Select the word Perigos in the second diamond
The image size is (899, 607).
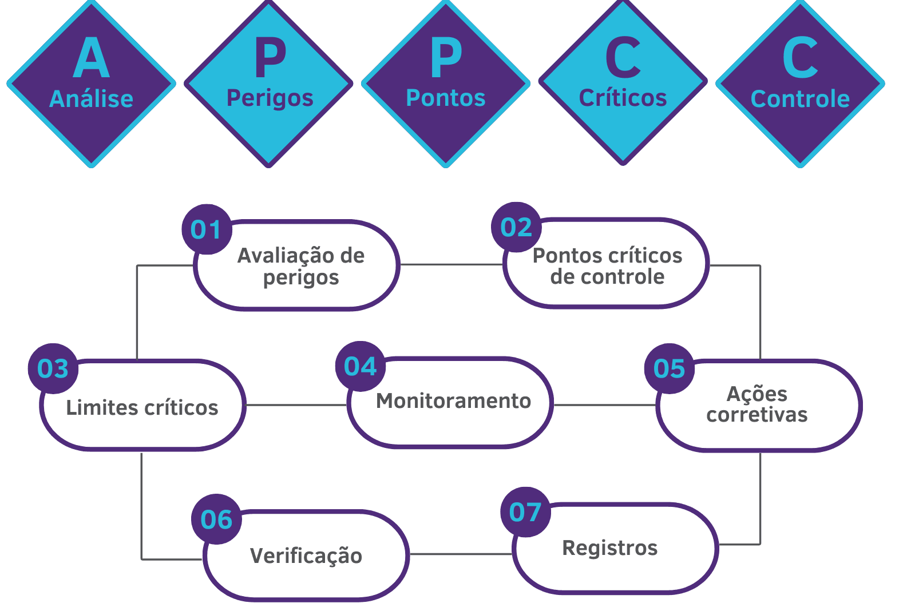coord(270,98)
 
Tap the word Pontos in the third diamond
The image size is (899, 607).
coord(446,98)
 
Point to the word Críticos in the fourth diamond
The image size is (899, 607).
coord(623,98)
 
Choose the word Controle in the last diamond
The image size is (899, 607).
coord(800,99)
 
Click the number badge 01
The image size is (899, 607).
coord(207,229)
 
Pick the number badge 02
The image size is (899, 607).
coord(516,227)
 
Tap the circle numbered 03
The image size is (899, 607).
coord(53,368)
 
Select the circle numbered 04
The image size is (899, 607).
coord(361,366)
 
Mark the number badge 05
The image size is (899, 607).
coord(670,368)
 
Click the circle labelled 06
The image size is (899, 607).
coord(216,519)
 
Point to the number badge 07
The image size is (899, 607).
coord(525,512)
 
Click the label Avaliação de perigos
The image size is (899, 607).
coord(301,266)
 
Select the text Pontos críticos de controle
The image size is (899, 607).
coord(607,266)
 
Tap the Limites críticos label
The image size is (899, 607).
coord(142,407)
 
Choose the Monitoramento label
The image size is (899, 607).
coord(454,400)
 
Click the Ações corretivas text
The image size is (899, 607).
coord(757,404)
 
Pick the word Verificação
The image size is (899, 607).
coord(306,556)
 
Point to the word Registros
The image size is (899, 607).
coord(610,548)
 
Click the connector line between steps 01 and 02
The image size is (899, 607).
coord(451,264)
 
